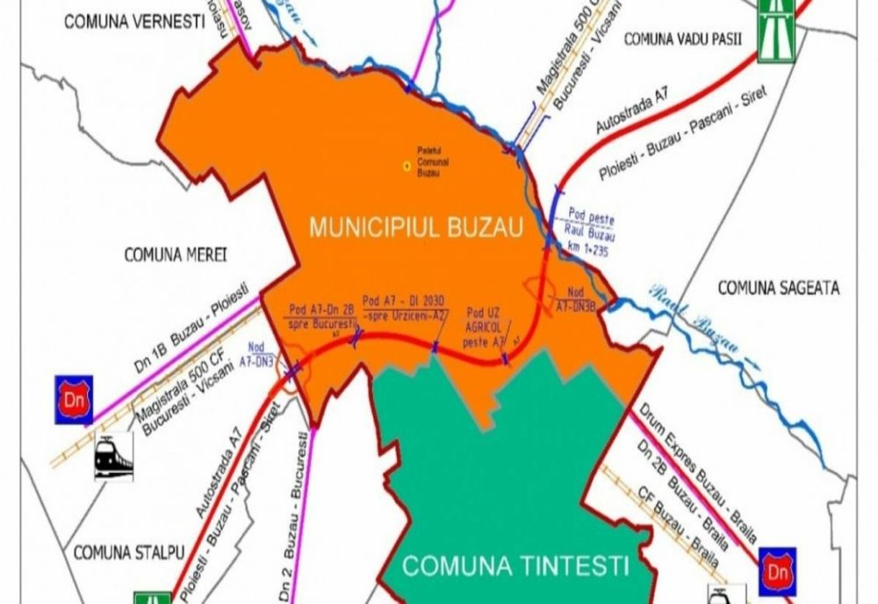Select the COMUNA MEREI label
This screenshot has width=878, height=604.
tap(176, 255)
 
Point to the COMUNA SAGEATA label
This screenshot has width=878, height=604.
tap(779, 287)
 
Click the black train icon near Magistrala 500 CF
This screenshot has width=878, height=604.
tap(113, 456)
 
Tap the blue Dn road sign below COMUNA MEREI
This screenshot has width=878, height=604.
tap(75, 400)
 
